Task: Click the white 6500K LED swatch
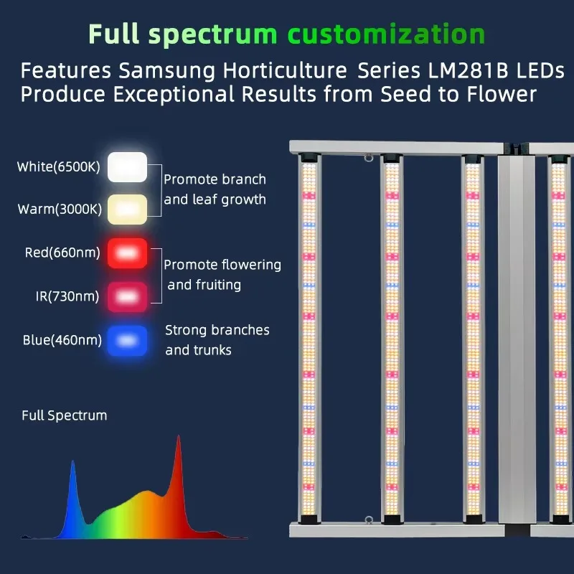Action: (128, 166)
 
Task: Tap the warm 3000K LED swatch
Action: (128, 210)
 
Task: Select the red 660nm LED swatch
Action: (128, 253)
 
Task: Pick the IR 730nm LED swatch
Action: (128, 296)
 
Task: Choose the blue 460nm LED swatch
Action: (128, 341)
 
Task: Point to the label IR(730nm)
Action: (67, 296)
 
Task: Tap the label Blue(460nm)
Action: (62, 341)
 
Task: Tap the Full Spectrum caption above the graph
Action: (64, 415)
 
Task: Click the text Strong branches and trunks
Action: (217, 340)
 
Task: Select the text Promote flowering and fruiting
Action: (222, 275)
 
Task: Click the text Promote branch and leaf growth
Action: (215, 189)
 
